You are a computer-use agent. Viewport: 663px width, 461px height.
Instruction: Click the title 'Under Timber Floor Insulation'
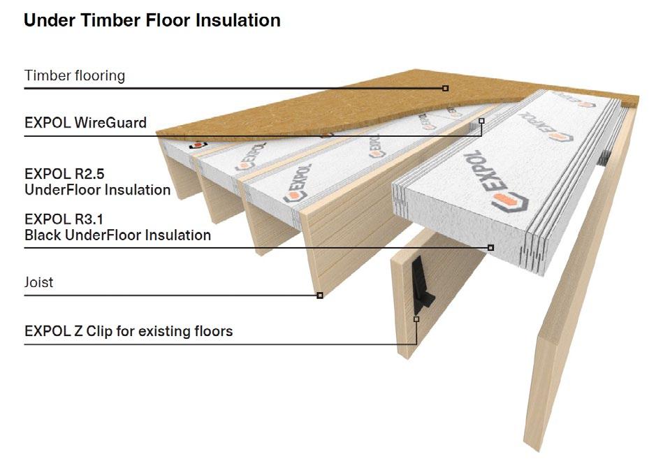[x=152, y=20]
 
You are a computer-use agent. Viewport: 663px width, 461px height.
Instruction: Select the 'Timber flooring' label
[x=75, y=75]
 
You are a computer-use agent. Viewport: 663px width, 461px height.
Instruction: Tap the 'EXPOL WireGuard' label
[x=85, y=123]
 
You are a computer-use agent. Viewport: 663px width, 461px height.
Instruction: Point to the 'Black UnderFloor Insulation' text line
[x=117, y=235]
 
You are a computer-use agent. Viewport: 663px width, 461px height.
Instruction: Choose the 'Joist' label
[x=39, y=283]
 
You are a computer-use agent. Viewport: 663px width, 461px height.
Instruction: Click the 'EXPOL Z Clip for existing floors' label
[x=129, y=330]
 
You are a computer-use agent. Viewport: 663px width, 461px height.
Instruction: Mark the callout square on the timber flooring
[x=445, y=88]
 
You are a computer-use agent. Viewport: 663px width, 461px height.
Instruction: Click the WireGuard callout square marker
[x=481, y=121]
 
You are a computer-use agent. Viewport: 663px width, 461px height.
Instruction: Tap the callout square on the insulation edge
[x=490, y=247]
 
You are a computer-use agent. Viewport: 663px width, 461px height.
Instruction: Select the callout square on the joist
[x=320, y=295]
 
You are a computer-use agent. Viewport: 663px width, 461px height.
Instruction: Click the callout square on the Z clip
[x=416, y=319]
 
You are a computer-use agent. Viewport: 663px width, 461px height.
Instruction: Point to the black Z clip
[x=423, y=286]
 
